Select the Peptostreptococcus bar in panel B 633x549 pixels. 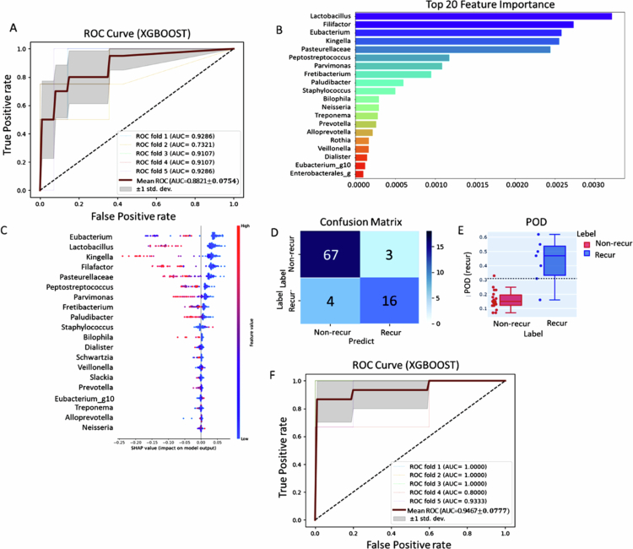[x=403, y=57]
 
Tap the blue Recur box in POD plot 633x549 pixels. [x=531, y=248]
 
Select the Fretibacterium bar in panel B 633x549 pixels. [x=394, y=74]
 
